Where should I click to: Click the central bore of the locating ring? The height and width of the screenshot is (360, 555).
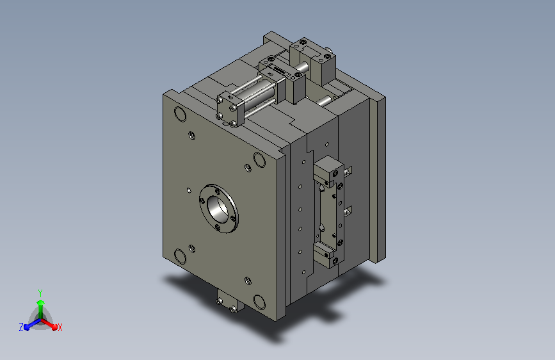[218, 209]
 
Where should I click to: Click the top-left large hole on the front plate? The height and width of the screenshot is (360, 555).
[180, 114]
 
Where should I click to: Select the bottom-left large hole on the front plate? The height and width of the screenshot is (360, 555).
[180, 256]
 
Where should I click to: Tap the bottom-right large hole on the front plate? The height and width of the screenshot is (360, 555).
[259, 302]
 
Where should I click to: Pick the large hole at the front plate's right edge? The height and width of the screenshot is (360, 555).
[259, 160]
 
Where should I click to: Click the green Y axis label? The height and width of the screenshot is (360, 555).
[40, 293]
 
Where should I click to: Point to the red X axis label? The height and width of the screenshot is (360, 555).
[60, 327]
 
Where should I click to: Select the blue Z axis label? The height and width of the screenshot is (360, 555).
[21, 327]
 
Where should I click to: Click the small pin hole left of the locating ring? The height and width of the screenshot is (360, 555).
[189, 191]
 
